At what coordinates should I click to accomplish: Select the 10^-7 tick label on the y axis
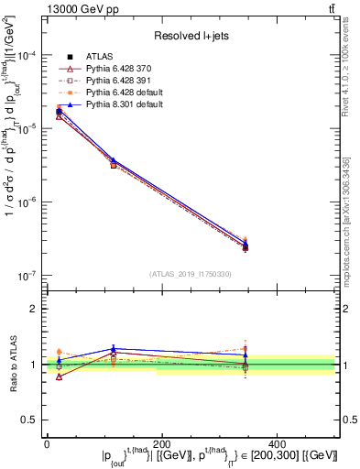[x=26, y=275]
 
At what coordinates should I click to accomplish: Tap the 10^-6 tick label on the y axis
[x=26, y=202]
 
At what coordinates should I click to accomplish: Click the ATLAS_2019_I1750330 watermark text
[x=191, y=274]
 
